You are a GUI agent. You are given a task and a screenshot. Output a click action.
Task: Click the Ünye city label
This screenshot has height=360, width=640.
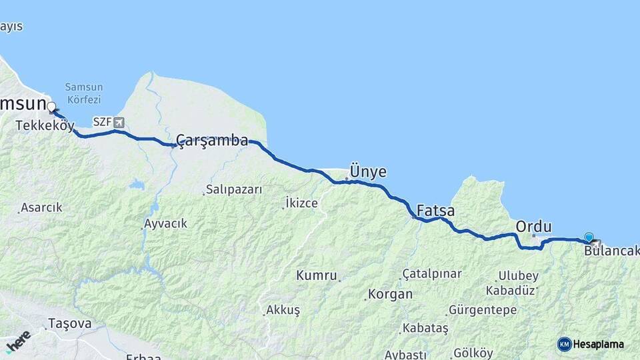(x=368, y=172)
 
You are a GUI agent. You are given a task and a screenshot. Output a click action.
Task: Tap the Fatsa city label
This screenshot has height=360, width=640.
(x=435, y=211)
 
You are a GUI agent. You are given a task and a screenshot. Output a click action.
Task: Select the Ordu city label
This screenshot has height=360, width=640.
(x=533, y=227)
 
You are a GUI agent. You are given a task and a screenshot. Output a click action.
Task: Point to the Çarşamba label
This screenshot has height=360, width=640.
(x=212, y=141)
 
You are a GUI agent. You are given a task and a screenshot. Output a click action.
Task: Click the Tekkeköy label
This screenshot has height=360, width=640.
(x=45, y=125)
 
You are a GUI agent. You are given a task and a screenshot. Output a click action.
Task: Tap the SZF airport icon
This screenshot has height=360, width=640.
(x=119, y=122)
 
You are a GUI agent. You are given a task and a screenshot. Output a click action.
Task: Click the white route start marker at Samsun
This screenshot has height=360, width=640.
(x=51, y=107)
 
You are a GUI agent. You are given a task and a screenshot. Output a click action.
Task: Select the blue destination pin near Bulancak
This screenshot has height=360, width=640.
(x=589, y=237)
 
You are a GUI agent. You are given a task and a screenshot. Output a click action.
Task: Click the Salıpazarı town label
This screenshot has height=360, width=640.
(x=234, y=189)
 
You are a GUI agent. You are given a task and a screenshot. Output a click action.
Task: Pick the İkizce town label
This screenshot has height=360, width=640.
(x=301, y=203)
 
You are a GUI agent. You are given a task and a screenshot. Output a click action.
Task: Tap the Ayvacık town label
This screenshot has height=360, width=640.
(x=166, y=223)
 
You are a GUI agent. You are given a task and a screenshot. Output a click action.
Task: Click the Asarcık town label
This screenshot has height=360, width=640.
(x=41, y=207)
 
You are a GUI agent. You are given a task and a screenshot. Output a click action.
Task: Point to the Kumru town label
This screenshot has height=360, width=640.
(x=317, y=275)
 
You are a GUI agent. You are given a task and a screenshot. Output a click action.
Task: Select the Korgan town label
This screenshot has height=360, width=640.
(x=390, y=294)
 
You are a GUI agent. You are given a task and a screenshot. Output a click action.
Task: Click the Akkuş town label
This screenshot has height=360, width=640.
(x=283, y=310)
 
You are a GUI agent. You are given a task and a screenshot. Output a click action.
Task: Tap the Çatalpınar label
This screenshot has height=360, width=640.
(x=432, y=274)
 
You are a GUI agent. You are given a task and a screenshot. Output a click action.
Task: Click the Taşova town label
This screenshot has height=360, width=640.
(x=69, y=324)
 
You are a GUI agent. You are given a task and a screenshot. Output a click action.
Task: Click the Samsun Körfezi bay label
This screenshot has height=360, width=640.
(x=83, y=93)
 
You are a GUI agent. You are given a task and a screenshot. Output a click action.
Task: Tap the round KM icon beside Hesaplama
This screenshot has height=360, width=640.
(x=565, y=344)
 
